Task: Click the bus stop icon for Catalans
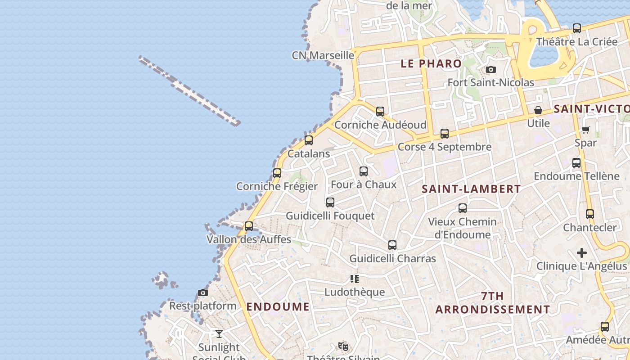click(309, 140)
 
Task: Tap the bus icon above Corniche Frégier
click(277, 173)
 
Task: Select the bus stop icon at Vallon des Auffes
click(249, 226)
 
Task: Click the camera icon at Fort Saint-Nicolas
click(491, 70)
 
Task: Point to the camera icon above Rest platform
click(203, 293)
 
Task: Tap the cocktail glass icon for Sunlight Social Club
click(219, 334)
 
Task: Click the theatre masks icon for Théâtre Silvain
click(343, 346)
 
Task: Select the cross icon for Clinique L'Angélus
click(582, 253)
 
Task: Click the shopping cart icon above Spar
click(585, 130)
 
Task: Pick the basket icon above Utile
click(538, 110)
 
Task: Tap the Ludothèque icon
click(355, 279)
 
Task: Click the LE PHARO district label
click(431, 64)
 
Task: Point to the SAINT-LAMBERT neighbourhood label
click(471, 189)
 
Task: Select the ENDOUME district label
click(278, 307)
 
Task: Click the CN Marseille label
click(323, 55)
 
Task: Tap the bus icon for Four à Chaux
click(364, 171)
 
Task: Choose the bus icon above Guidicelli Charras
click(392, 245)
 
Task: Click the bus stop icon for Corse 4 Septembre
click(445, 134)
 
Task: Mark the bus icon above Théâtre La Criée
click(577, 28)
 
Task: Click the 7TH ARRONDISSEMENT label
click(493, 303)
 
